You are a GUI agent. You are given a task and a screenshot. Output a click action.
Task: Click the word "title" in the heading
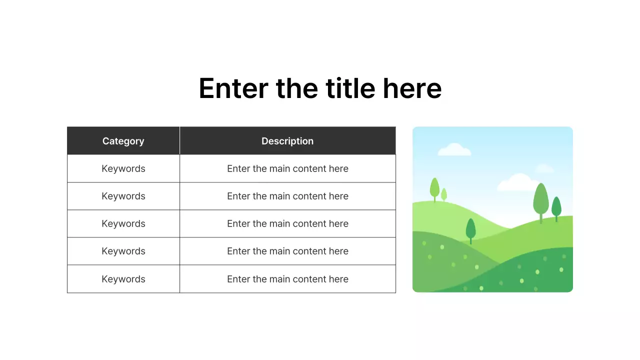350,88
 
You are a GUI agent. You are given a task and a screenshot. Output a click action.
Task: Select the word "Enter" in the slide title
233,88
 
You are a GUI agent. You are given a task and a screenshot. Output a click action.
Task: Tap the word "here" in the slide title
412,88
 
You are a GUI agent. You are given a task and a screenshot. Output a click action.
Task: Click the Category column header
123,141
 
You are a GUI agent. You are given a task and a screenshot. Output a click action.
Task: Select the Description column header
287,141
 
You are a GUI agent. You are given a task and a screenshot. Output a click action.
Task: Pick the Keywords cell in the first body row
123,168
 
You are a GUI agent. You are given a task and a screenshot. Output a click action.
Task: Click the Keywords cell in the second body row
123,196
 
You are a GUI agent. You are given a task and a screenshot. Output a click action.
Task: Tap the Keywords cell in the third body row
123,223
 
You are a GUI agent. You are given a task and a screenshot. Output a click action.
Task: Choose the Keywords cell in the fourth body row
123,251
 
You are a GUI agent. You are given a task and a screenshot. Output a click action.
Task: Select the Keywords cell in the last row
123,279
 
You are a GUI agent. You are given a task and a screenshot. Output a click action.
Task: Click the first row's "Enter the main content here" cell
287,168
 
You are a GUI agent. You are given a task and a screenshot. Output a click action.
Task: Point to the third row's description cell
287,223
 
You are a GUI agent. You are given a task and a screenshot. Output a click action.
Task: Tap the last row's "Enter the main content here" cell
287,279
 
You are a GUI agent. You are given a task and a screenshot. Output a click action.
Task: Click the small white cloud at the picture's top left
454,149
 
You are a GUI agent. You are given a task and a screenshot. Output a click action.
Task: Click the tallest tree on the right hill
540,200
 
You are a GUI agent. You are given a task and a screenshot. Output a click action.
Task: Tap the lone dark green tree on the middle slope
470,229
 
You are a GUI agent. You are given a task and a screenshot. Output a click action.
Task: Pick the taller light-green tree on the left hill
434,188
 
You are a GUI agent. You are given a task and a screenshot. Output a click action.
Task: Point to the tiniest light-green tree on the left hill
443,194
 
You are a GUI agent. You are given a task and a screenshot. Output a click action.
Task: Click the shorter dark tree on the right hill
556,207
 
